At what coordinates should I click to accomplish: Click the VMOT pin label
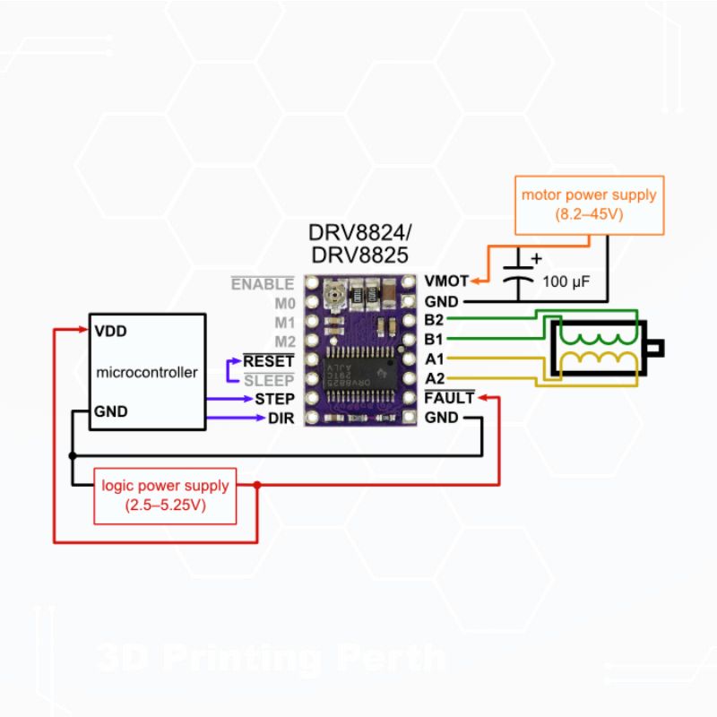point(445,281)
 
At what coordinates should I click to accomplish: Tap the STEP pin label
point(273,399)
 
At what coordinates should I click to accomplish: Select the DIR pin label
point(281,419)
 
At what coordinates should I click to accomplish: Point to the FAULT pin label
point(449,399)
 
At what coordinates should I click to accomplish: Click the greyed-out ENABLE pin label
point(262,284)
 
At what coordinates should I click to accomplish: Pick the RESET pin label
point(268,360)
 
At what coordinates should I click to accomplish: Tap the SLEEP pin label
point(268,380)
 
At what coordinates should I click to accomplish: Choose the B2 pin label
point(435,321)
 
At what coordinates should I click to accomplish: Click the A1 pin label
point(435,359)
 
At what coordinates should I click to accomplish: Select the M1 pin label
point(284,322)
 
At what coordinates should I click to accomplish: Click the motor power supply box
point(589,205)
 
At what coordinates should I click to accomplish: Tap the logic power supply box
point(165,495)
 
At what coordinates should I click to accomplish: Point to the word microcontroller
point(147,371)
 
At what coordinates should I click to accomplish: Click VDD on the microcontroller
point(110,331)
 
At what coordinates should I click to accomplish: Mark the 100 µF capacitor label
point(566,281)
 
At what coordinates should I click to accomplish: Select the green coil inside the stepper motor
point(597,338)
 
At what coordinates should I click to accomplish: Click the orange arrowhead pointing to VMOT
point(478,281)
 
